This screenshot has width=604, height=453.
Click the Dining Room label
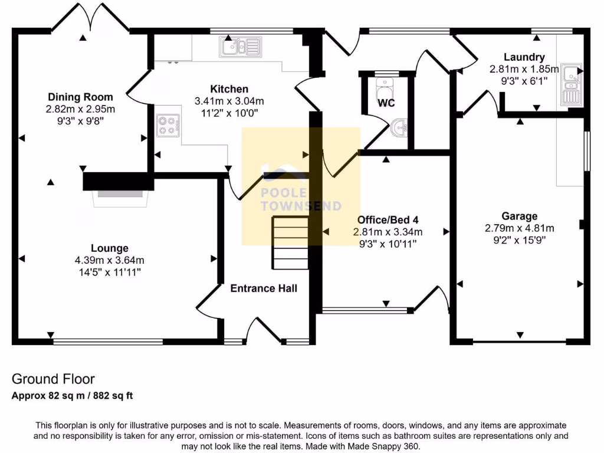pos(80,97)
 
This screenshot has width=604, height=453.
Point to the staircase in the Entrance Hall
pos(290,242)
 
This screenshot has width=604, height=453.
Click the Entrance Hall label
pos(263,288)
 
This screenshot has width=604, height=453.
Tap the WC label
pos(386,103)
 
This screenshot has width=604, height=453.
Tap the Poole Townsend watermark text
pos(301,200)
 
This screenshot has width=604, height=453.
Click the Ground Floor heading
pos(53,379)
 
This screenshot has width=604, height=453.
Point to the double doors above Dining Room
pos(90,19)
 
